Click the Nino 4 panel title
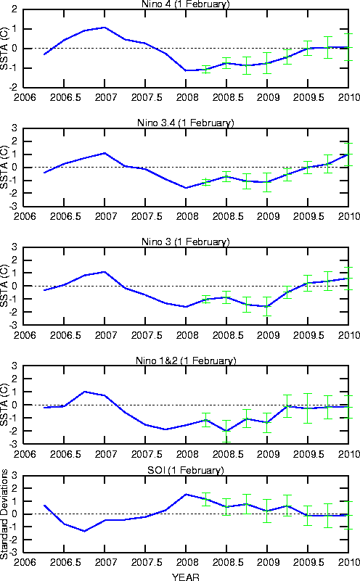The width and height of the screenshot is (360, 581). click(186, 4)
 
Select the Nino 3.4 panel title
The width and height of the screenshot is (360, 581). click(186, 123)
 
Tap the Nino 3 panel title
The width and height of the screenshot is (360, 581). click(186, 242)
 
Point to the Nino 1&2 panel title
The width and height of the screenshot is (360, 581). click(186, 360)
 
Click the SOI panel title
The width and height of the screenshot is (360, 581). click(186, 470)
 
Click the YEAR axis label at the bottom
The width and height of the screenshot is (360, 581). click(186, 577)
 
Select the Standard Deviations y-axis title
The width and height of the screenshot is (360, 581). click(4, 514)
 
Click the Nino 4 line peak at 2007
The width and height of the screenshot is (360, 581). click(105, 28)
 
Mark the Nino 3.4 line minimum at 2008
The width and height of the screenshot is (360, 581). click(186, 188)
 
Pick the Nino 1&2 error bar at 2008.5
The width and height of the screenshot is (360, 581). click(226, 432)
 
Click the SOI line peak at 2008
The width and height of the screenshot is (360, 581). click(186, 494)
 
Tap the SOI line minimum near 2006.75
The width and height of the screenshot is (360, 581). click(84, 531)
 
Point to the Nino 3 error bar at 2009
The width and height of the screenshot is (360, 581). click(267, 306)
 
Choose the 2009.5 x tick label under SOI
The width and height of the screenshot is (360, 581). click(308, 562)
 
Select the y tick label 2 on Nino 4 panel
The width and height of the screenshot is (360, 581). click(15, 9)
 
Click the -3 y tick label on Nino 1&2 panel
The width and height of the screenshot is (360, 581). click(12, 443)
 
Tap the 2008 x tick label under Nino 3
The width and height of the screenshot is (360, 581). click(187, 335)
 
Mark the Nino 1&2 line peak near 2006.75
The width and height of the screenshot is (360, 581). click(84, 392)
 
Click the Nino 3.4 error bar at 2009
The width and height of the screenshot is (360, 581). click(267, 182)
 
